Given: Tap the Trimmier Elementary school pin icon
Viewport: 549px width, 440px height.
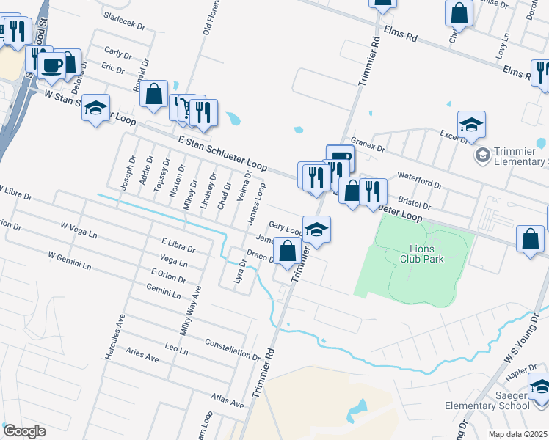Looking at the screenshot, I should pyautogui.click(x=482, y=155).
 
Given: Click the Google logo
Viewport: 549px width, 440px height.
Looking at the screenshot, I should pyautogui.click(x=24, y=431).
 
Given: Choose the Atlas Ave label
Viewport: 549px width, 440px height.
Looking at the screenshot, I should pyautogui.click(x=227, y=403).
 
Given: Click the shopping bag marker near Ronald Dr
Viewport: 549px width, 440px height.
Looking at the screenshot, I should pyautogui.click(x=153, y=95).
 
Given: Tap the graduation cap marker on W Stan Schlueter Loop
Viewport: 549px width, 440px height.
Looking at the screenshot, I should pyautogui.click(x=95, y=109).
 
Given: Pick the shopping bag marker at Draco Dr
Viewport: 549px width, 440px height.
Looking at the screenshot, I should pyautogui.click(x=288, y=251).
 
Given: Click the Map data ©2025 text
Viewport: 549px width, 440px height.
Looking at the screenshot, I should pyautogui.click(x=517, y=434).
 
